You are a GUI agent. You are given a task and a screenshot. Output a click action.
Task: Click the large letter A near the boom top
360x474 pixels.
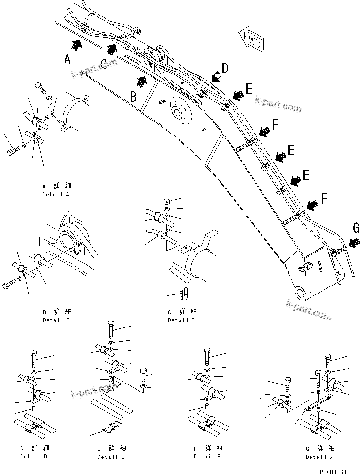tap(68, 59)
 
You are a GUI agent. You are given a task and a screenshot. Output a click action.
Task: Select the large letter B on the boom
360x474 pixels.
tap(134, 97)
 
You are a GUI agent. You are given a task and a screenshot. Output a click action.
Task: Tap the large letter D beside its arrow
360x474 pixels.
tap(225, 68)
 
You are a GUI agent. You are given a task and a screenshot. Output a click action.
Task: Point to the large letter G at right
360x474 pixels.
tap(355, 229)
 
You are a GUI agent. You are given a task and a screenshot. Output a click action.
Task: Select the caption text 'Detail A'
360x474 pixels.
tap(56, 194)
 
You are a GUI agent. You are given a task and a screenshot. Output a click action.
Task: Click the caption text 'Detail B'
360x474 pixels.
tap(56, 320)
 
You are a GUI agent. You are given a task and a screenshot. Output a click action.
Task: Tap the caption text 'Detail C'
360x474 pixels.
tap(181, 320)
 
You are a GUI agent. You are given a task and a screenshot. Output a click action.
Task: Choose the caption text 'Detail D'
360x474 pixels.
tap(33, 457)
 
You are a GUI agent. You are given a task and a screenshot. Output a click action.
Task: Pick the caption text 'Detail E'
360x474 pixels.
tap(111, 457)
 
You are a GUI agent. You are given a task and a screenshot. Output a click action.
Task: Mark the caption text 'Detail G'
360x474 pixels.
tap(319, 457)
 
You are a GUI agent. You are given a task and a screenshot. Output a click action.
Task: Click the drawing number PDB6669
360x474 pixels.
tap(338, 470)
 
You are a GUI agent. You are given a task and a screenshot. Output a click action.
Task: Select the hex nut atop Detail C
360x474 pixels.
tap(166, 201)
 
